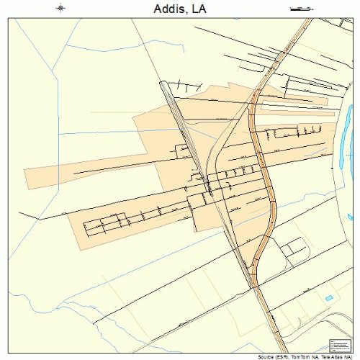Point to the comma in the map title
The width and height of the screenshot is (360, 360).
click(x=189, y=12)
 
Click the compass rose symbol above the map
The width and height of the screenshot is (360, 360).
click(x=60, y=9)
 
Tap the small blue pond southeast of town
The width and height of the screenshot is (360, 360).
click(x=330, y=297)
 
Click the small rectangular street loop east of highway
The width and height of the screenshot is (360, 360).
click(x=294, y=248)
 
